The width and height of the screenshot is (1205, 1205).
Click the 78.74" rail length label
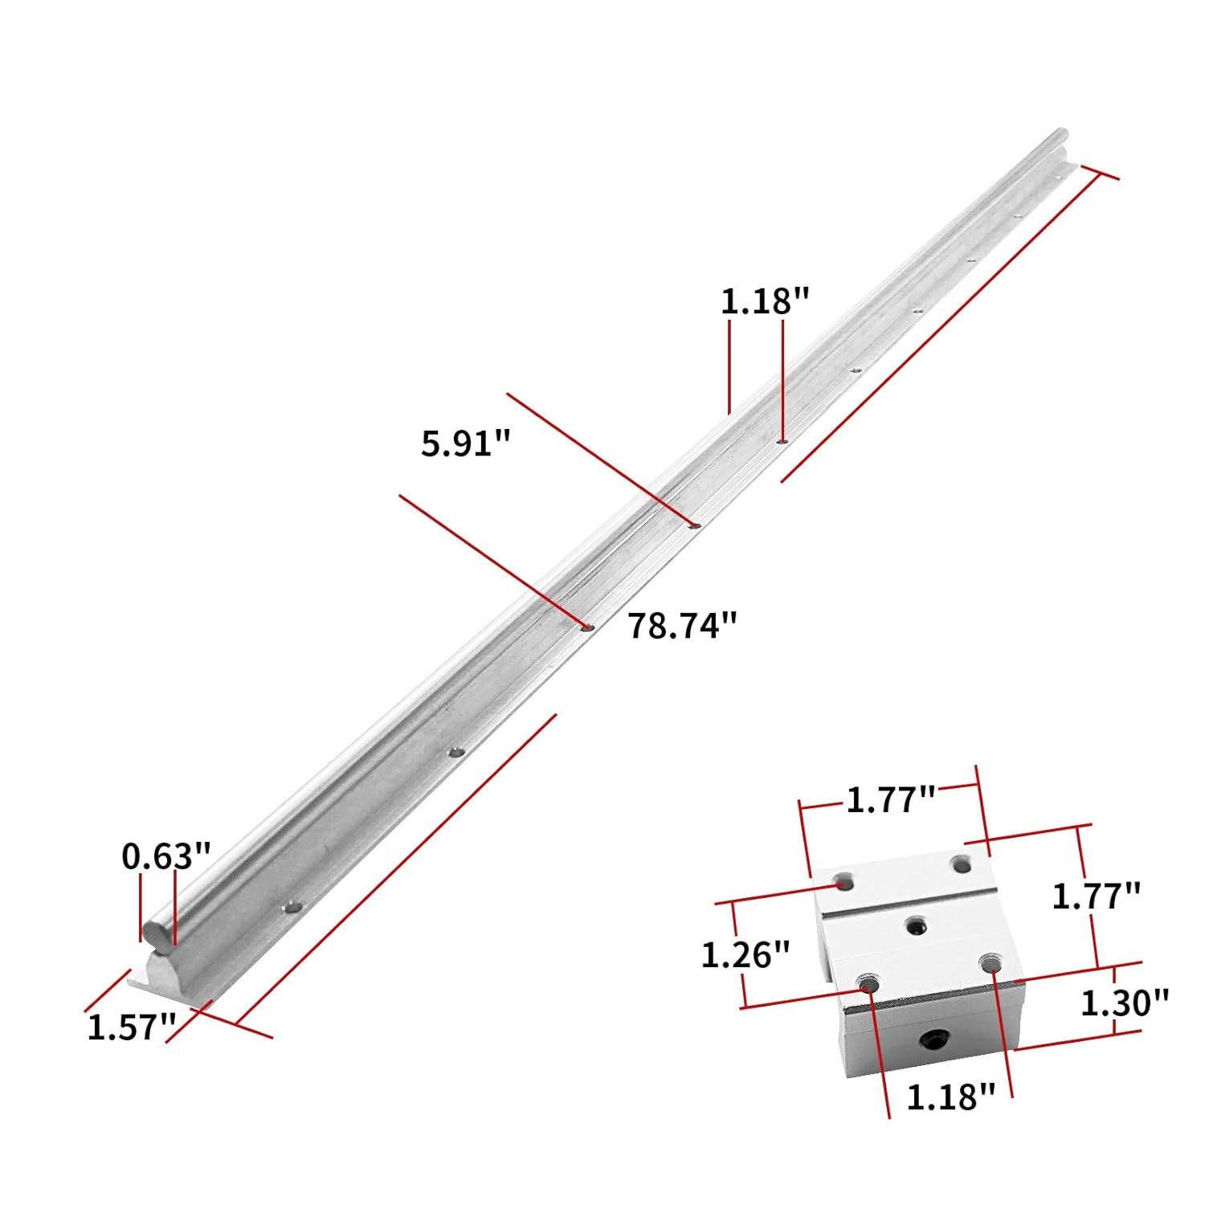[681, 626]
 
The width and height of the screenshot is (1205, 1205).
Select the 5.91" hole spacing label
[466, 443]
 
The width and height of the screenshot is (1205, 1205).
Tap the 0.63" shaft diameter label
[166, 856]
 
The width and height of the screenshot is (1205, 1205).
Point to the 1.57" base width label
[131, 1027]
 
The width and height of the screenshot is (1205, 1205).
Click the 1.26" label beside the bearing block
[745, 955]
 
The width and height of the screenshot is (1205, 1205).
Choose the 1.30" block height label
[1124, 1003]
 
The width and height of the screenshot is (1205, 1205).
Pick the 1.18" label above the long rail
[764, 302]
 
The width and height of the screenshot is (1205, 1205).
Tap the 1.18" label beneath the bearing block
[950, 1097]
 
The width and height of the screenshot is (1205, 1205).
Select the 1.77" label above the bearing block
[891, 799]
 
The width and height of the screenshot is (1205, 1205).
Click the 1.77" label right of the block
[1096, 896]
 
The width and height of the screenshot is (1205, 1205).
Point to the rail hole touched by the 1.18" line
[782, 441]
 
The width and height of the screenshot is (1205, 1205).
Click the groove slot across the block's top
[908, 905]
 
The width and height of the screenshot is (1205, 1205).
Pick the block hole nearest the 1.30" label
[989, 962]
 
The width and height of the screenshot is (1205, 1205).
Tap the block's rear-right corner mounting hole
[959, 864]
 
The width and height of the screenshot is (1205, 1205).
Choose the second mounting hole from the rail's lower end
[456, 753]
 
